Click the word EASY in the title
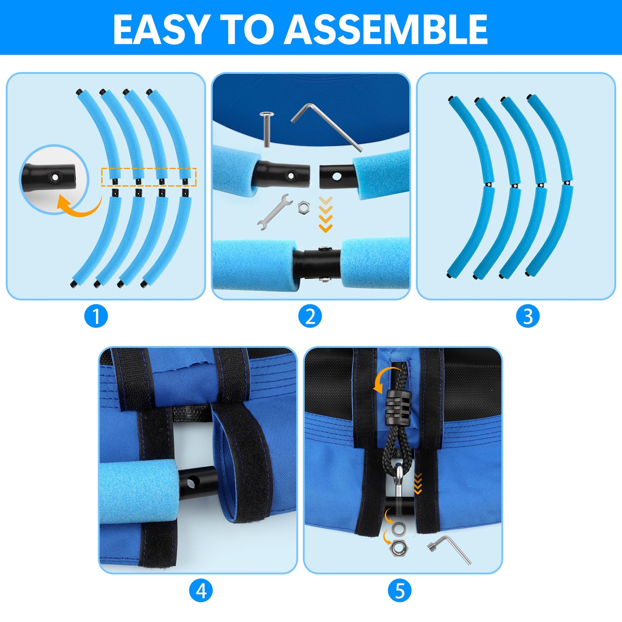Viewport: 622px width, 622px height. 160,30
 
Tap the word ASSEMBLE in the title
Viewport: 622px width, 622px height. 386,30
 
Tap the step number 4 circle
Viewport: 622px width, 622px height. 201,590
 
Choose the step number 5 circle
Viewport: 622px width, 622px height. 400,590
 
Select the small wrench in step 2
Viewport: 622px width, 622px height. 275,212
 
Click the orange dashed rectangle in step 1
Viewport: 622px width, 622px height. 149,177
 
